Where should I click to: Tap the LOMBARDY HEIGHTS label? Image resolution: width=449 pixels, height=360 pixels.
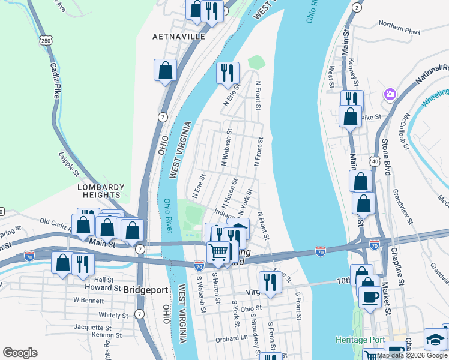(x=101, y=191)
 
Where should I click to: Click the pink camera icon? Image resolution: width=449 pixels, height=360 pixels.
(x=390, y=94)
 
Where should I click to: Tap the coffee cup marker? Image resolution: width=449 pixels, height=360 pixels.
(x=370, y=296)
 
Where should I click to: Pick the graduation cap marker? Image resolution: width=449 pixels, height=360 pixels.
(x=435, y=340)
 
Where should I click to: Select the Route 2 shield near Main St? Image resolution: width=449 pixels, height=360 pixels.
(x=357, y=7)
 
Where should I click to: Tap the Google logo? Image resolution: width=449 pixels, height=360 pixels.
(x=20, y=353)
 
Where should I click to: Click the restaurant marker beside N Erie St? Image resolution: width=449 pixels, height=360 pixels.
(x=226, y=73)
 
